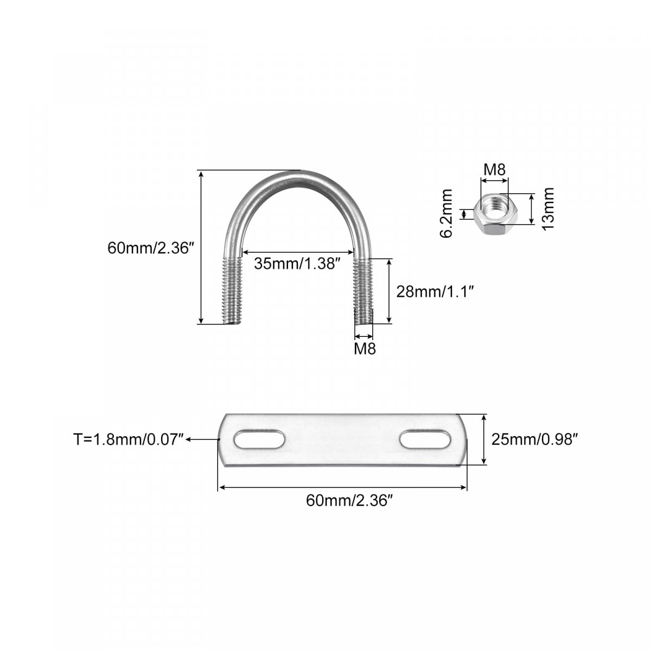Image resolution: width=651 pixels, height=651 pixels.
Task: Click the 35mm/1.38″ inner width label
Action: (x=297, y=264)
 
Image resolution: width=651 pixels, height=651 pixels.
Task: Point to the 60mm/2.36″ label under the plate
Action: (x=350, y=500)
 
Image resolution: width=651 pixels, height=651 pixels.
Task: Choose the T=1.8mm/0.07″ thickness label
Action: (x=129, y=439)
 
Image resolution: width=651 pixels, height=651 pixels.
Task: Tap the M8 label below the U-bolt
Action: (x=365, y=349)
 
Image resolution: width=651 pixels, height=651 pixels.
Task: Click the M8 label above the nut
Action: (x=494, y=170)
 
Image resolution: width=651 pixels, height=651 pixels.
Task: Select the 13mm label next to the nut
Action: (x=548, y=209)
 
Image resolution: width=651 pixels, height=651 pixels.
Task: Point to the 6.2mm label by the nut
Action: (x=446, y=214)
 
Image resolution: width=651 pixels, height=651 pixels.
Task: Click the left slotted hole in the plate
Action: (x=259, y=439)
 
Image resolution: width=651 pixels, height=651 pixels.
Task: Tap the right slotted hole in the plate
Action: (x=425, y=439)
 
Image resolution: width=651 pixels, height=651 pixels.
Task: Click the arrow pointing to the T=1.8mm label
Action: (x=203, y=439)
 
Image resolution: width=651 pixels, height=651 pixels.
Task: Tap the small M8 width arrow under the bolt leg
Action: (x=363, y=336)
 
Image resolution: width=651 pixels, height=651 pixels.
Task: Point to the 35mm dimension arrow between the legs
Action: (x=298, y=252)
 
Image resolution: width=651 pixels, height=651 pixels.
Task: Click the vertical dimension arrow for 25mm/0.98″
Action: (x=484, y=439)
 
